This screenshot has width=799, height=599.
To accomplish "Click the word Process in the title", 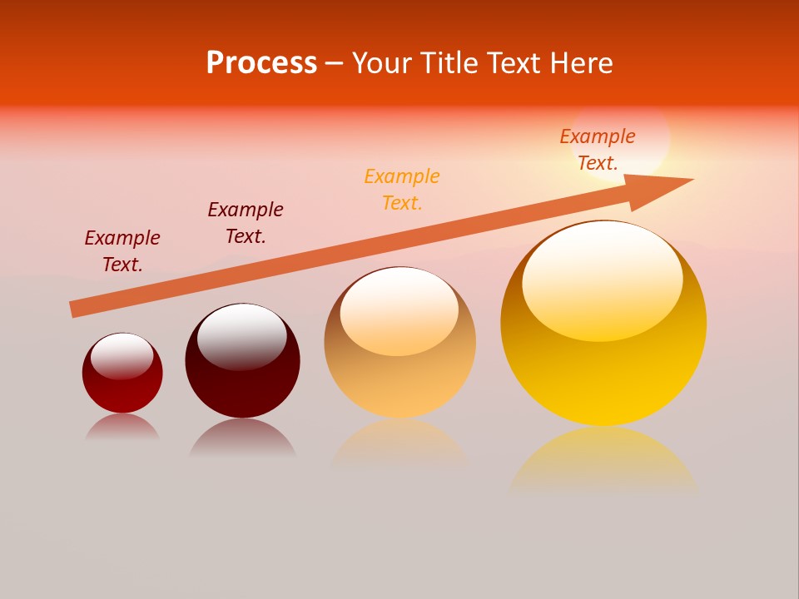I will (261, 63).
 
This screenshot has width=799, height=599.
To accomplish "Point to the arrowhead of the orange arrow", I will (666, 187).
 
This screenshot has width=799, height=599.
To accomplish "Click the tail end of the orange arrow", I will (75, 309).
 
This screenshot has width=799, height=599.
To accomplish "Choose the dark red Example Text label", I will (122, 250).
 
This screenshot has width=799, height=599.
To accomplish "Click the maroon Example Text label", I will (246, 222).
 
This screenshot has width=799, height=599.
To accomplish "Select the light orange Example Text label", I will (402, 189).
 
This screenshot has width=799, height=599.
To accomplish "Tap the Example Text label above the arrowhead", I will (598, 149).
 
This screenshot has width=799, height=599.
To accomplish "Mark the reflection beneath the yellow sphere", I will (603, 462).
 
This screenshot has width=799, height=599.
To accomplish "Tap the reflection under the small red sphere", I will (122, 428).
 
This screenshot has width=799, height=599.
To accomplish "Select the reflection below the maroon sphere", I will (242, 438).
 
